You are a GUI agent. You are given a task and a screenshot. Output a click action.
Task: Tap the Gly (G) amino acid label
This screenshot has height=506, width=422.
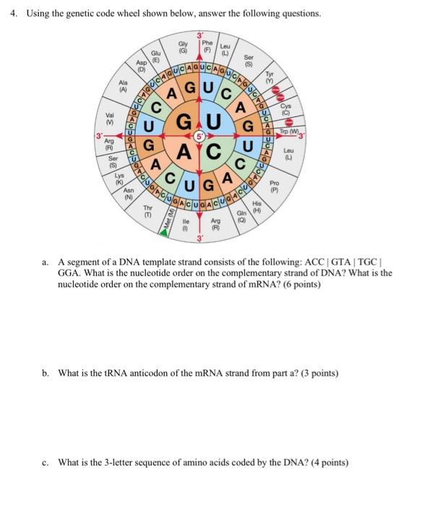183,47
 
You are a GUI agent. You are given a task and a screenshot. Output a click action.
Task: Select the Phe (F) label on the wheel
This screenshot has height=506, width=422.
207,46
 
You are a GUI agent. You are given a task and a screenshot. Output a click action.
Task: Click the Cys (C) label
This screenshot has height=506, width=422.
285,108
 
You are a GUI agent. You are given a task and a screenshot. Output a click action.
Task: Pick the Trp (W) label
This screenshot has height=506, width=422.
293,131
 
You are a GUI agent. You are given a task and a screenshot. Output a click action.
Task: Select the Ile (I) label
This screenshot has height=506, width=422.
186,227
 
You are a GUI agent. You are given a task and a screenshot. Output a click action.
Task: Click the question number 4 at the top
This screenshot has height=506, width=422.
15,14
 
